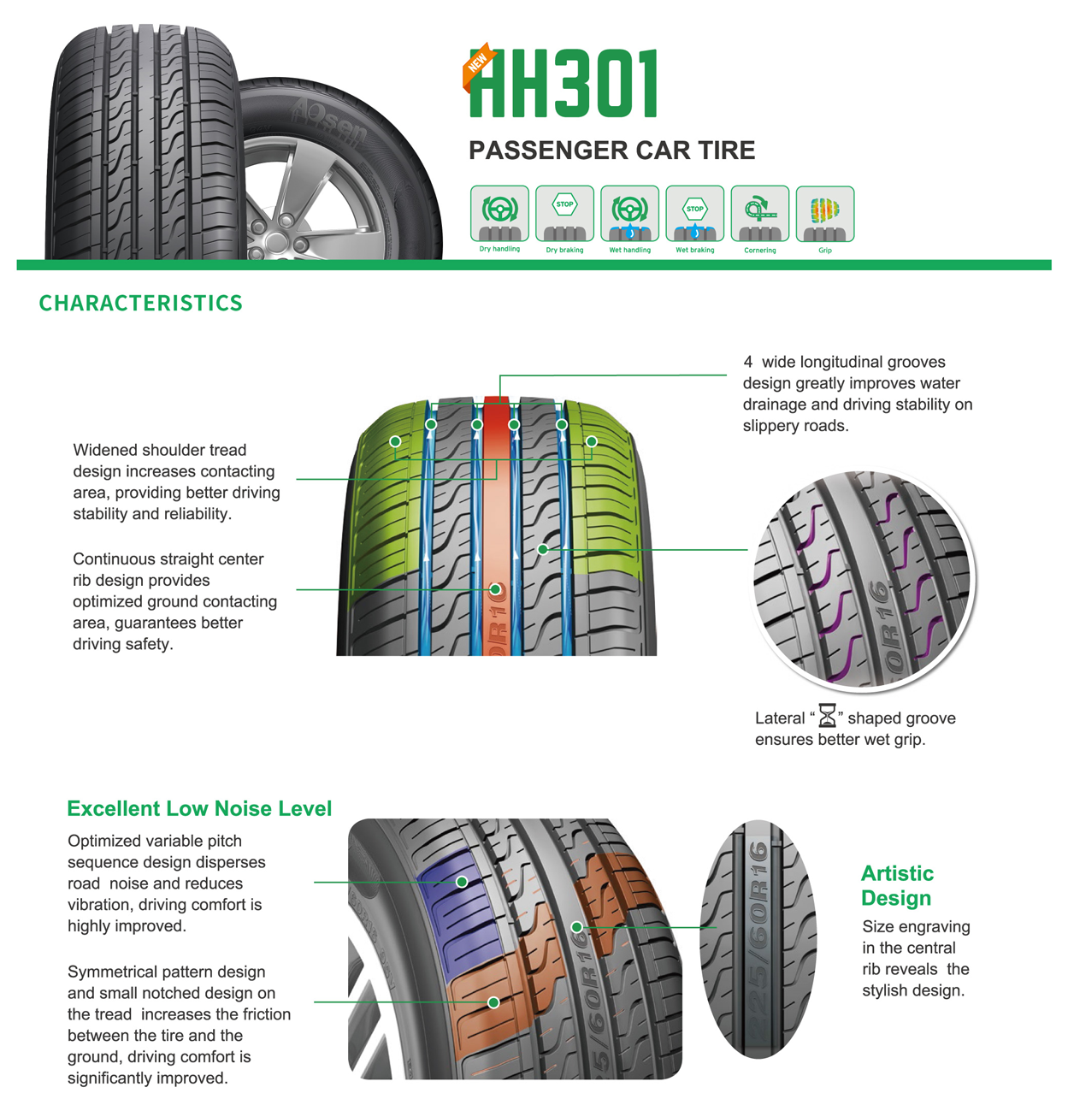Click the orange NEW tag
pos(476,65)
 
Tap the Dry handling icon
pos(499,214)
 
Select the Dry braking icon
pos(564,214)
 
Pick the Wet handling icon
pos(629,214)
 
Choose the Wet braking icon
pos(694,214)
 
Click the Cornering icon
pos(759,214)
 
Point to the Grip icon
pos(824,214)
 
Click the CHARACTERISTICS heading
pos(141,304)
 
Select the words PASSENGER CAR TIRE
pos(611,151)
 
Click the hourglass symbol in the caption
pos(827,715)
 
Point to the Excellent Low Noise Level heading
pos(199,809)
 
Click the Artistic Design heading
pos(897,886)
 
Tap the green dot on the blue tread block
pos(462,882)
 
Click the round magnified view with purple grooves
pos(862,580)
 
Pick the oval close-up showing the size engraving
pos(758,939)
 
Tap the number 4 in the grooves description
pos(748,363)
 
